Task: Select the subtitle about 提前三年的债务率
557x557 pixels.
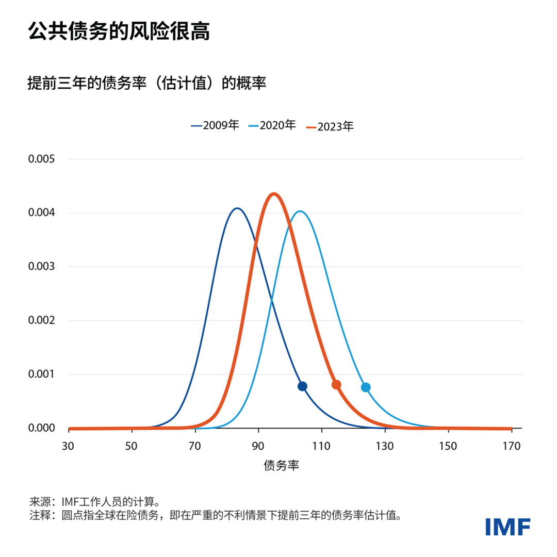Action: [x=146, y=83]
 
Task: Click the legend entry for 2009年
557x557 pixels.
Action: [x=215, y=125]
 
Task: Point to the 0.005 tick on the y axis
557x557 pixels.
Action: [x=41, y=159]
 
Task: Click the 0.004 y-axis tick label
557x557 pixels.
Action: [x=41, y=213]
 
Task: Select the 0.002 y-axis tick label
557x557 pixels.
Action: [x=41, y=320]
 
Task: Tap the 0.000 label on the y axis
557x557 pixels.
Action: [x=41, y=428]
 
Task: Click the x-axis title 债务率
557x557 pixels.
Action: [x=282, y=465]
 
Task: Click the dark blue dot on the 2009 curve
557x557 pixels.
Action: [x=303, y=386]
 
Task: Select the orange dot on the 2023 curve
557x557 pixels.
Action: [x=336, y=384]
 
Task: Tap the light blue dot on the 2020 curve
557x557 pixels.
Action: [x=366, y=387]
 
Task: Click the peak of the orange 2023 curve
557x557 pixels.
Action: [x=274, y=194]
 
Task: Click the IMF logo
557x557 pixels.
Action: [x=507, y=526]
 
